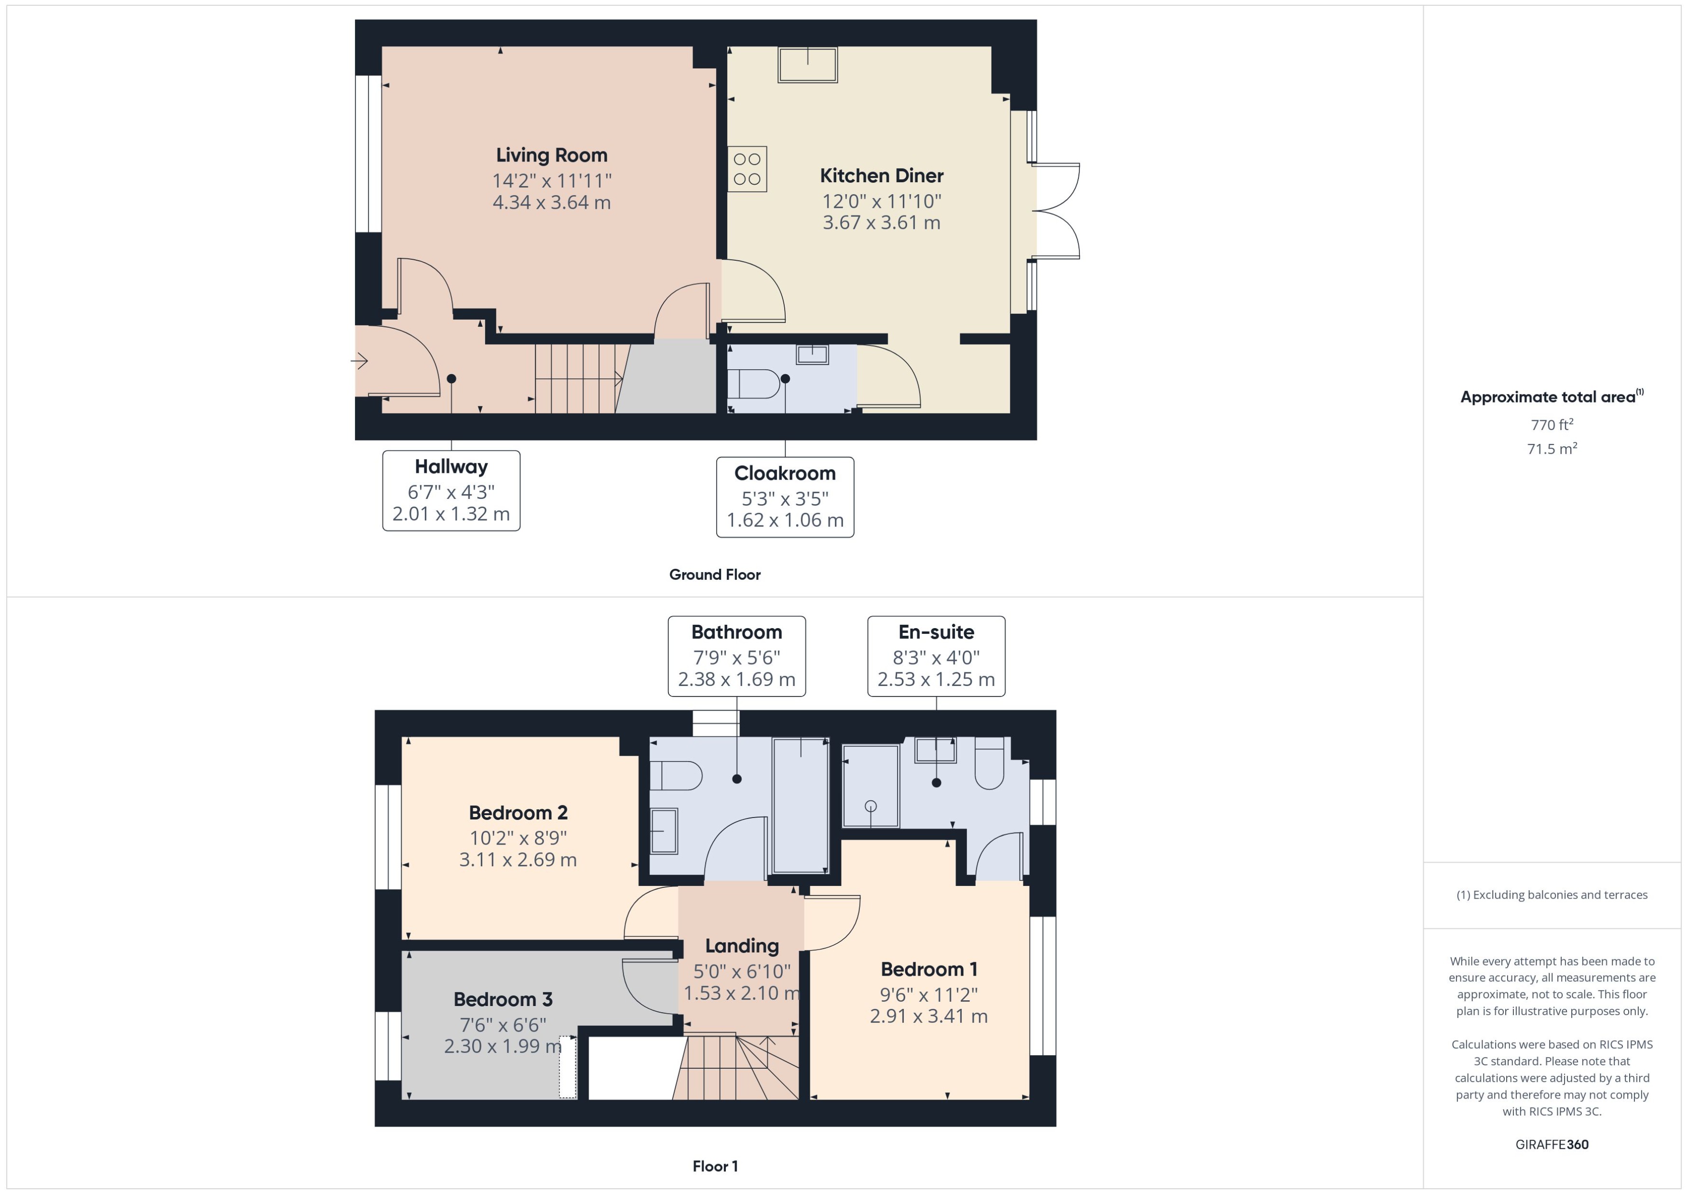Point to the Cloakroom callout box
(x=785, y=497)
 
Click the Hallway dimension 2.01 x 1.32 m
(x=451, y=514)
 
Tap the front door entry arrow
(x=360, y=361)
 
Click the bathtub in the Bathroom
(x=800, y=805)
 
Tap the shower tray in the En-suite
(x=870, y=786)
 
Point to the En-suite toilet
(x=989, y=764)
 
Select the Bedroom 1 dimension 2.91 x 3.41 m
(x=928, y=1017)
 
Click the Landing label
(x=741, y=946)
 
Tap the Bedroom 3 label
(x=503, y=1000)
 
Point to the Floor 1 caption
(x=715, y=1166)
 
